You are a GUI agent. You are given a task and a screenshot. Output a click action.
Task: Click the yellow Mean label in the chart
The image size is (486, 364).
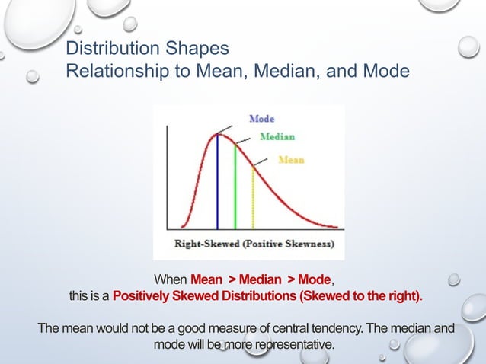pyautogui.click(x=291, y=160)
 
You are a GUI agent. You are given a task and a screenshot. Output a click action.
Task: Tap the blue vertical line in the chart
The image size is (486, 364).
pyautogui.click(x=218, y=183)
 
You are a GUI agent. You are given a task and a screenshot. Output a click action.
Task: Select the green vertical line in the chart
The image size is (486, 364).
pyautogui.click(x=235, y=190)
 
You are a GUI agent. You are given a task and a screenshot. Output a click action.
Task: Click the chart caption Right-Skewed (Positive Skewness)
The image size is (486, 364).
pyautogui.click(x=248, y=245)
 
